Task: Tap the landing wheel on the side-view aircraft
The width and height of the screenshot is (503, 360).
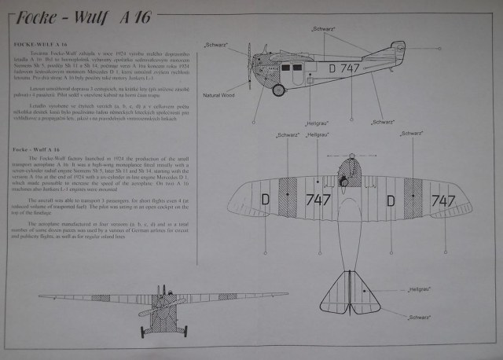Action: (277, 89)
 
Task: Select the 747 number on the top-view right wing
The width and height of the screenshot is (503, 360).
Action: (444, 201)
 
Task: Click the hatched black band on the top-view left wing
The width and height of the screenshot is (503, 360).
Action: (288, 198)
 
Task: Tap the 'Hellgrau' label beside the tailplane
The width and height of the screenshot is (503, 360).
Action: (420, 290)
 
